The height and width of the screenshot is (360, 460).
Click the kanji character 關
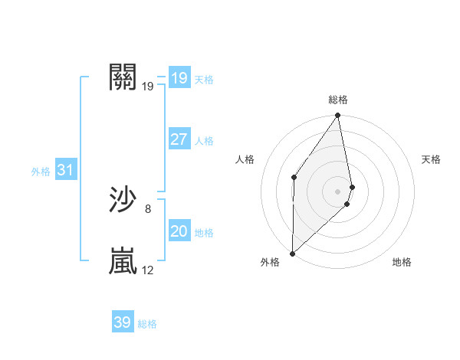(123, 77)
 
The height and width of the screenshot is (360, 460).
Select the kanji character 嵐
(123, 261)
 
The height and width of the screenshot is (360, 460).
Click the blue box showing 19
(179, 78)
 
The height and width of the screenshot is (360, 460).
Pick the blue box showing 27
(179, 139)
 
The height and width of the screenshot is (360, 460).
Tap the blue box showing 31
(65, 170)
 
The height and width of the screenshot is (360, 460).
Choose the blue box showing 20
(179, 231)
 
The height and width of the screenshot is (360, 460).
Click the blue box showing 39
(123, 322)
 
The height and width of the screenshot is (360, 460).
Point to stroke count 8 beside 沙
(148, 208)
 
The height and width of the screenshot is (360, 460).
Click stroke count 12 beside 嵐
(148, 270)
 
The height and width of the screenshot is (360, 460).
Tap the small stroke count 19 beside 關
(148, 86)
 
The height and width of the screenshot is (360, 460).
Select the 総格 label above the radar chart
(338, 100)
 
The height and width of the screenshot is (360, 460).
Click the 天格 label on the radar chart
(432, 159)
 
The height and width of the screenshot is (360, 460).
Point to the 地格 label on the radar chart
(402, 262)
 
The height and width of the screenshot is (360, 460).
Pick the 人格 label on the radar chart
(245, 159)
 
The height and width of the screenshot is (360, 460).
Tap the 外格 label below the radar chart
(270, 262)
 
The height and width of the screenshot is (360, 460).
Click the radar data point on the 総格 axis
(338, 116)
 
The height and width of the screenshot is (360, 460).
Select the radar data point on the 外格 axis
(293, 253)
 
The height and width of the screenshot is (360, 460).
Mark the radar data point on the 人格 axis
(294, 177)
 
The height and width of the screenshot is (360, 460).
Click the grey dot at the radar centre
(338, 191)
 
